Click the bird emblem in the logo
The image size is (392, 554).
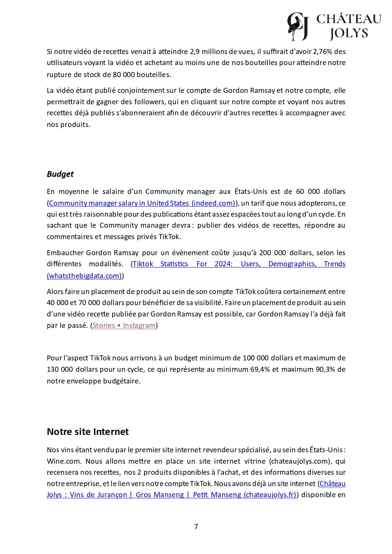pyautogui.click(x=297, y=27)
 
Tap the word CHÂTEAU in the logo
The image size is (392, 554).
pyautogui.click(x=349, y=19)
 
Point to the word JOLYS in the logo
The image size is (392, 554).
pyautogui.click(x=349, y=33)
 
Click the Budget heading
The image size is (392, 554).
pyautogui.click(x=60, y=174)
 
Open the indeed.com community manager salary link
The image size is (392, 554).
pyautogui.click(x=142, y=203)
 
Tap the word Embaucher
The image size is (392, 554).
pyautogui.click(x=65, y=253)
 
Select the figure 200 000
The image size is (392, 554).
pyautogui.click(x=273, y=253)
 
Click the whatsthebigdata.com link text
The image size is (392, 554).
pyautogui.click(x=84, y=276)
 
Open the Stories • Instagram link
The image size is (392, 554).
pyautogui.click(x=124, y=325)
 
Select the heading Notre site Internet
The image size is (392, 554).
pyautogui.click(x=88, y=432)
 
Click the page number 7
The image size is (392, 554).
pyautogui.click(x=196, y=527)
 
